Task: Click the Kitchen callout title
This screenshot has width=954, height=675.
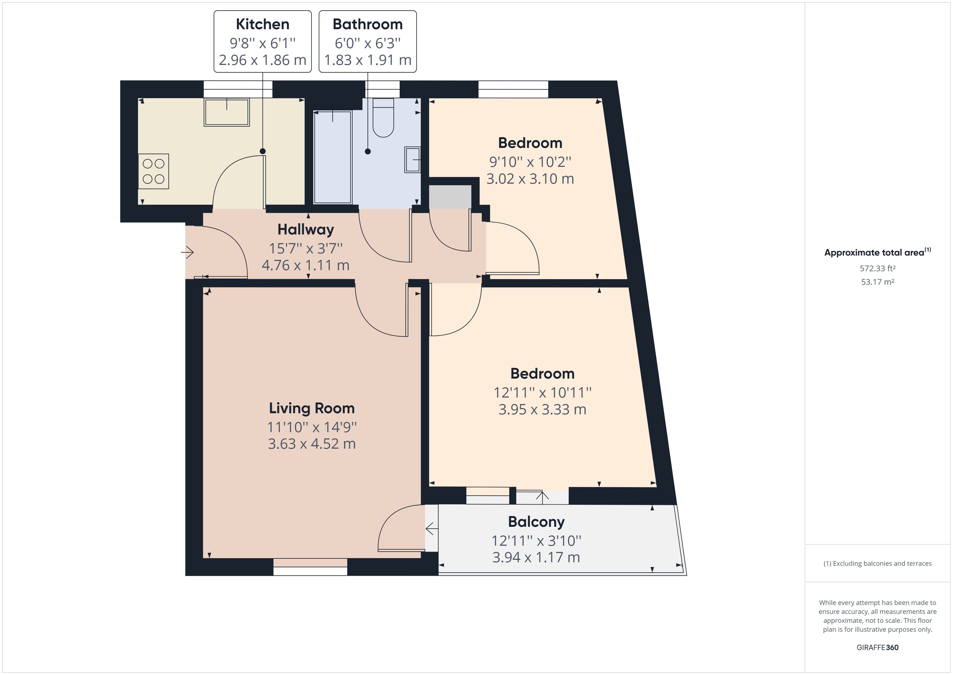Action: [x=263, y=24]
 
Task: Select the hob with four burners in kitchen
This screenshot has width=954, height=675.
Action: [x=153, y=171]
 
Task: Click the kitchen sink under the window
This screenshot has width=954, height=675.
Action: [x=226, y=112]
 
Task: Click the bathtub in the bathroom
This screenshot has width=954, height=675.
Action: [x=332, y=157]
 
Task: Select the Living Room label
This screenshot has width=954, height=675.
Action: [x=312, y=408]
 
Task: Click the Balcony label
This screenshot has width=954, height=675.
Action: [x=536, y=522]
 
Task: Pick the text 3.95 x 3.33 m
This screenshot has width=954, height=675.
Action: [x=542, y=409]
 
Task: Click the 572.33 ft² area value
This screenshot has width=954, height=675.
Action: [x=877, y=269]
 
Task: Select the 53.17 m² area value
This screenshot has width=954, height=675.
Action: [x=877, y=282]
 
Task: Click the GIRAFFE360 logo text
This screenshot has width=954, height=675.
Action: [x=877, y=647]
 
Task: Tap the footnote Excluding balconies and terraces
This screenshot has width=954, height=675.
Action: [x=877, y=564]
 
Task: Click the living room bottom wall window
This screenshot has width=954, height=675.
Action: [x=310, y=567]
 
